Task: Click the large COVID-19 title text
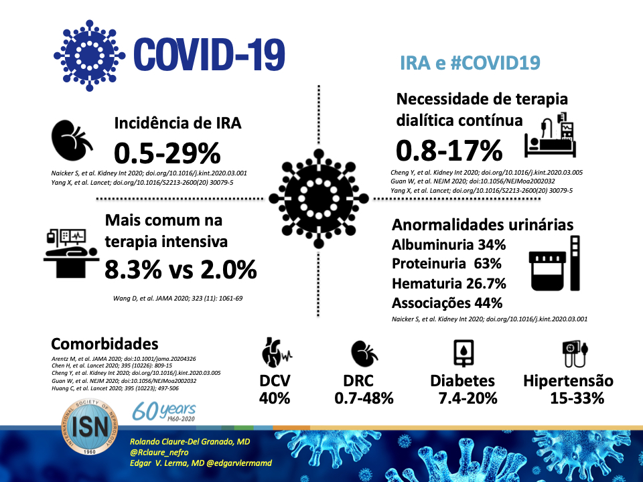[x=209, y=52]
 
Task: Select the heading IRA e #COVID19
[x=470, y=62]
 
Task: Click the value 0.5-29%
[x=167, y=153]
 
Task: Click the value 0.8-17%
[x=449, y=150]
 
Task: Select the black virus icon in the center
[x=311, y=199]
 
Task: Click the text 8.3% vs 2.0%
[x=180, y=269]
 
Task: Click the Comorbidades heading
[x=105, y=344]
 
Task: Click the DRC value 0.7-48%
[x=363, y=398]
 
